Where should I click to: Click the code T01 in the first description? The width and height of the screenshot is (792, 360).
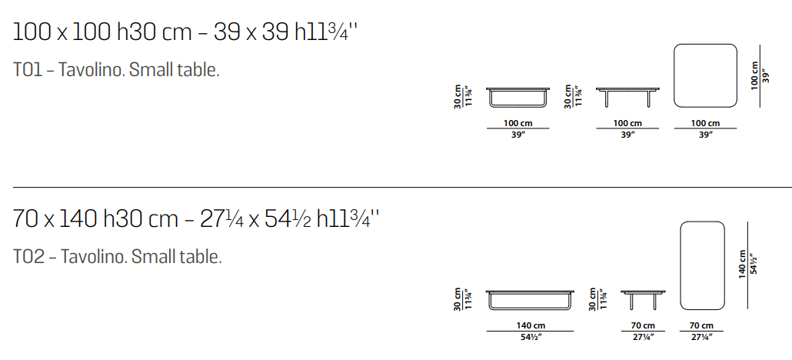(x=29, y=70)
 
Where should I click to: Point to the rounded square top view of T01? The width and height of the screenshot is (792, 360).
(x=706, y=75)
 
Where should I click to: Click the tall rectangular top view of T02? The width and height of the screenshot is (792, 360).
(x=703, y=265)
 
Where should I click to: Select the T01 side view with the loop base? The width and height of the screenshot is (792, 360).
(x=517, y=98)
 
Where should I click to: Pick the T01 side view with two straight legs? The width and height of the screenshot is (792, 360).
(x=627, y=98)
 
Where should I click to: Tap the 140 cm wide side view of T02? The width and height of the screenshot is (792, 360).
(x=531, y=300)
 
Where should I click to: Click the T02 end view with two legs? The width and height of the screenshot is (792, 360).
(x=643, y=300)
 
